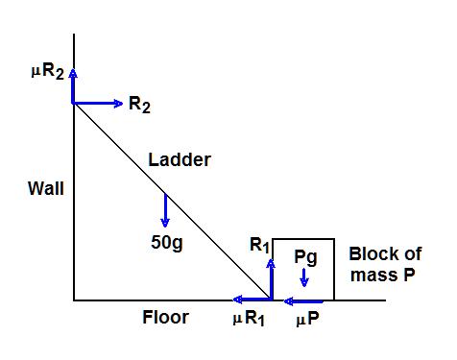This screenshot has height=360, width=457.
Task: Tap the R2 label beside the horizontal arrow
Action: tap(139, 105)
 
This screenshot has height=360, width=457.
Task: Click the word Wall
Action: tap(46, 188)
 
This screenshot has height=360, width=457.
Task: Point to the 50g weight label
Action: tap(166, 242)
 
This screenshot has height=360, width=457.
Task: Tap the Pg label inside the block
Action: tap(304, 258)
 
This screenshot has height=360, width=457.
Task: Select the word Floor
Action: tap(165, 317)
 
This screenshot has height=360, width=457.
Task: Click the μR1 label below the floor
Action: tap(248, 318)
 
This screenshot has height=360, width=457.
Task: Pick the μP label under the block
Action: tap(306, 318)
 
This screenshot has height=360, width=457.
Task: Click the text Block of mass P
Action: tap(384, 263)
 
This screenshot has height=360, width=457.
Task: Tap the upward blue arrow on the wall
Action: tap(73, 85)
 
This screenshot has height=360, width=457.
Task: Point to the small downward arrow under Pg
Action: tap(304, 277)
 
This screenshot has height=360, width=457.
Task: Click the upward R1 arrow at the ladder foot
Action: tap(272, 278)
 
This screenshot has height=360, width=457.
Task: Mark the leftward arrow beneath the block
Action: tap(303, 300)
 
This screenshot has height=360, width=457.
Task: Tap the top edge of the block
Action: tap(303, 239)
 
